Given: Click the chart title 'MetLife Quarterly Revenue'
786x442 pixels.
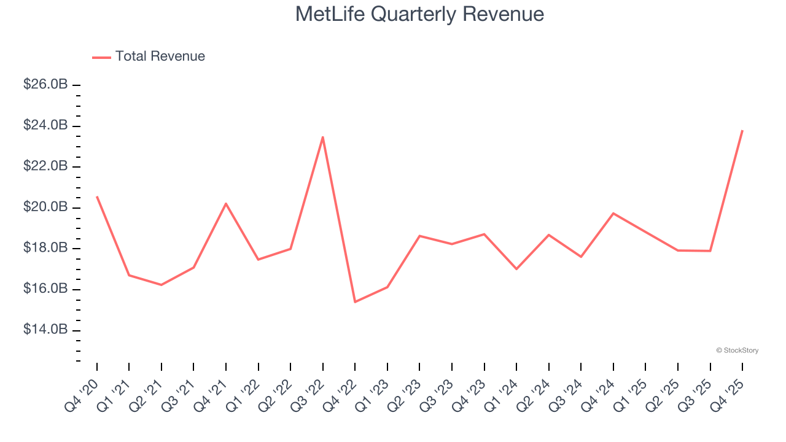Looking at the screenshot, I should [x=419, y=14].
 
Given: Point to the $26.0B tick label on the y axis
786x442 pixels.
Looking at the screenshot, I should [x=45, y=85].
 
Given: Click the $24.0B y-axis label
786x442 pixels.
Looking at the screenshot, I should [x=45, y=125].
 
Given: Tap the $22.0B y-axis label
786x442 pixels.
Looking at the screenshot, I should [x=45, y=166].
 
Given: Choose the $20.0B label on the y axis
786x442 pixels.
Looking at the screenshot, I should [x=45, y=207].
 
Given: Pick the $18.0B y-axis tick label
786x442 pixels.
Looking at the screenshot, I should [x=45, y=248].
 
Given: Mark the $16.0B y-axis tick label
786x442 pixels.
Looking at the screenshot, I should [x=45, y=289].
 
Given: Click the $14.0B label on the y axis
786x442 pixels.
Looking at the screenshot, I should [x=45, y=330].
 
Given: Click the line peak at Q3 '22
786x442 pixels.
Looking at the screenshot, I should [x=323, y=137].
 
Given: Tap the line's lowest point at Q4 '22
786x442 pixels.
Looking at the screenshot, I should [x=355, y=301].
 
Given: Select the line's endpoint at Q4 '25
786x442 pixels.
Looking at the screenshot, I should [x=742, y=130].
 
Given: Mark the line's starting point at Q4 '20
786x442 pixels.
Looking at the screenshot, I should [x=97, y=196].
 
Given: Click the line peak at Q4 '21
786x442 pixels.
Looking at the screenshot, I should [x=226, y=203].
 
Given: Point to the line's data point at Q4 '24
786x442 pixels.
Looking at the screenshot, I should [x=613, y=213].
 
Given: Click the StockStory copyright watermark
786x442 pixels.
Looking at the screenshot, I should [x=737, y=351].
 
